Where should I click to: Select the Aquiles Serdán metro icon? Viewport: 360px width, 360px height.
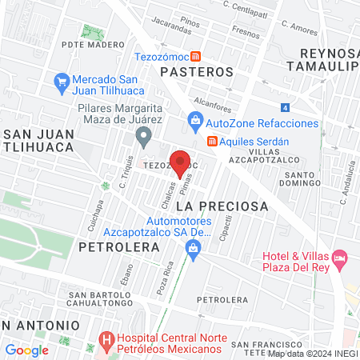[212, 141]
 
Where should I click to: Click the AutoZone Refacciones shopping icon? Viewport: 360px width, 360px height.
[194, 123]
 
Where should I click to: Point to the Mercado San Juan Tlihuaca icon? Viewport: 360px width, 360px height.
[61, 81]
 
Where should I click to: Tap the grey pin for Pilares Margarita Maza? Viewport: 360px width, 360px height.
[143, 137]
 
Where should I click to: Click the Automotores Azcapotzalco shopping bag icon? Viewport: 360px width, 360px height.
[192, 248]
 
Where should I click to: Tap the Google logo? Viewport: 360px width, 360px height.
[26, 350]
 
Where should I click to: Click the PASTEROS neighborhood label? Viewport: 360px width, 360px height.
[196, 71]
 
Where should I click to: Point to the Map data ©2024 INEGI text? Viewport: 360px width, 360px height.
[312, 353]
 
